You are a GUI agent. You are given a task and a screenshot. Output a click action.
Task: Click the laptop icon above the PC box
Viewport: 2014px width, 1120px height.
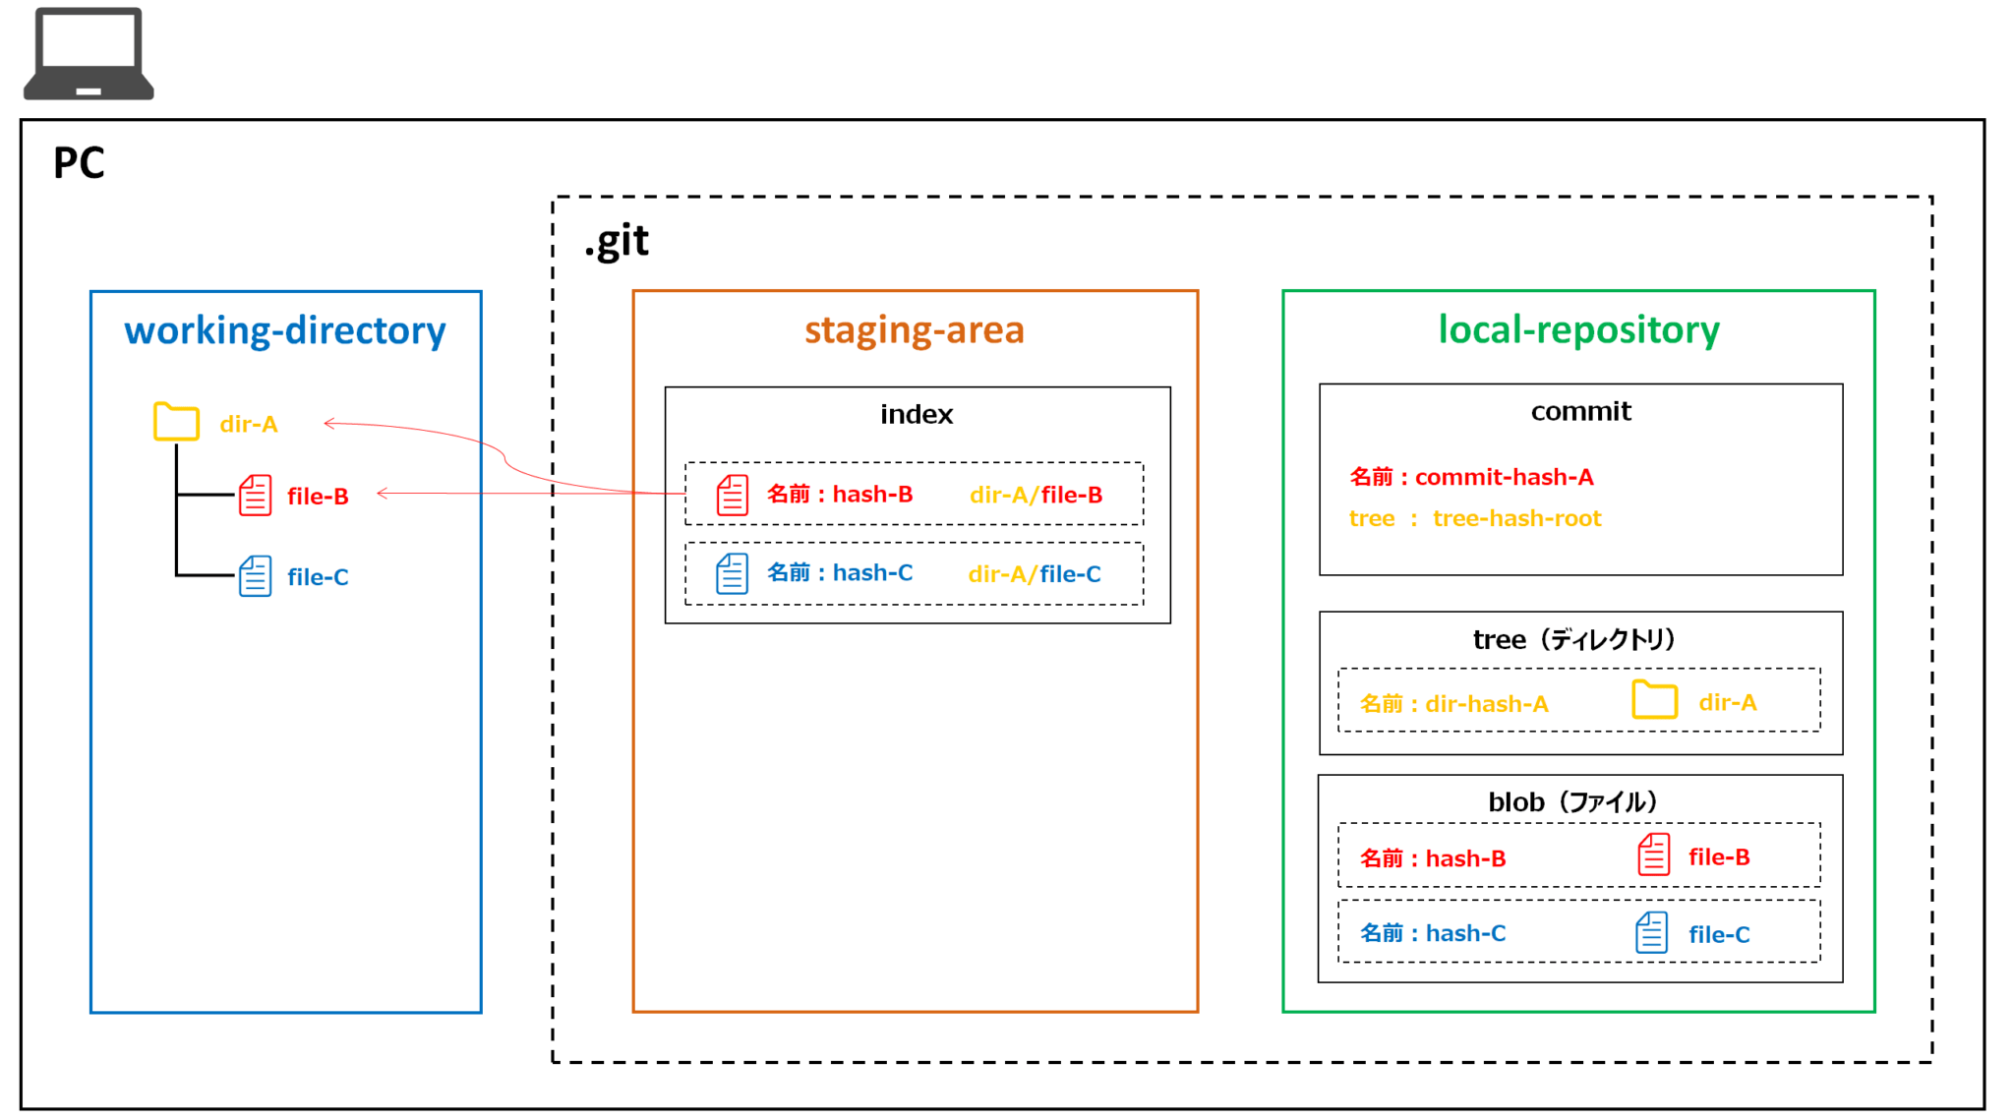tap(89, 54)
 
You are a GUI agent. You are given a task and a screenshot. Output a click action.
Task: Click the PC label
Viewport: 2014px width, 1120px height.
tap(79, 163)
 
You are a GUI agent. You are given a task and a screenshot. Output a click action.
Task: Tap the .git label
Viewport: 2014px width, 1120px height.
tap(617, 242)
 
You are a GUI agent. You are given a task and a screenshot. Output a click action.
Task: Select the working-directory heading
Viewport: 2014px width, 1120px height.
tap(285, 330)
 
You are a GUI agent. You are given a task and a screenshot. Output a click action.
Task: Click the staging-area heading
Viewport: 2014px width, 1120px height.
tap(915, 330)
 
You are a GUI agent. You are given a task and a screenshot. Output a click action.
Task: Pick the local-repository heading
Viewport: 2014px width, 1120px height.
tap(1578, 330)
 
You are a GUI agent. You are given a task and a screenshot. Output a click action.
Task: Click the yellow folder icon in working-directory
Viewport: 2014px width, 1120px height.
tap(176, 422)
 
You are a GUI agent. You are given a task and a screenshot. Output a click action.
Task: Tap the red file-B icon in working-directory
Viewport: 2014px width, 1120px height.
tap(255, 496)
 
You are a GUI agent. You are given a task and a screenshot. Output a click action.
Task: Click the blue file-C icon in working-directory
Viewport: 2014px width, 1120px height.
tap(255, 576)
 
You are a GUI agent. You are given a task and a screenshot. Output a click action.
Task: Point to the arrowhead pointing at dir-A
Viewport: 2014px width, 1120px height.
tap(329, 424)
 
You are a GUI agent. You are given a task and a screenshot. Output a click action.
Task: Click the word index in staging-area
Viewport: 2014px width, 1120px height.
tap(917, 415)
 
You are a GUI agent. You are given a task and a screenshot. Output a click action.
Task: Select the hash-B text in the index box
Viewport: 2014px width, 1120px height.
tap(872, 495)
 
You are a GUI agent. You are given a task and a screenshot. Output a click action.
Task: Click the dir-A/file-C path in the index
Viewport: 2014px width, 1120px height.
tap(1035, 574)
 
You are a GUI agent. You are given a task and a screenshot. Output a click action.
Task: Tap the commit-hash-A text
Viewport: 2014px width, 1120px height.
tap(1504, 478)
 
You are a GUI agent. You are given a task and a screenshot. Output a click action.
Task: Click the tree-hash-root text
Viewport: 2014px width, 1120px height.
tap(1516, 519)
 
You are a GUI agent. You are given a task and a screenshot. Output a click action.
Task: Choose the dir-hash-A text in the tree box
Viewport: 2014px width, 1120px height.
tap(1486, 704)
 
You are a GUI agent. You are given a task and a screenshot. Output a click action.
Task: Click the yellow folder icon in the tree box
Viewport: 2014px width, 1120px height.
tap(1654, 700)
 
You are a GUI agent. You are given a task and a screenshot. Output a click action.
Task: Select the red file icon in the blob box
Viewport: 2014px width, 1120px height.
tap(1653, 855)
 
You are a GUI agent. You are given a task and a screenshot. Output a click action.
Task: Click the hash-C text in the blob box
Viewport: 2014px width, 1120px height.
tap(1465, 934)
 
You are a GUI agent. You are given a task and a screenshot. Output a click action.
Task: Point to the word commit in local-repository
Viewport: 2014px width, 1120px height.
tap(1580, 412)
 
